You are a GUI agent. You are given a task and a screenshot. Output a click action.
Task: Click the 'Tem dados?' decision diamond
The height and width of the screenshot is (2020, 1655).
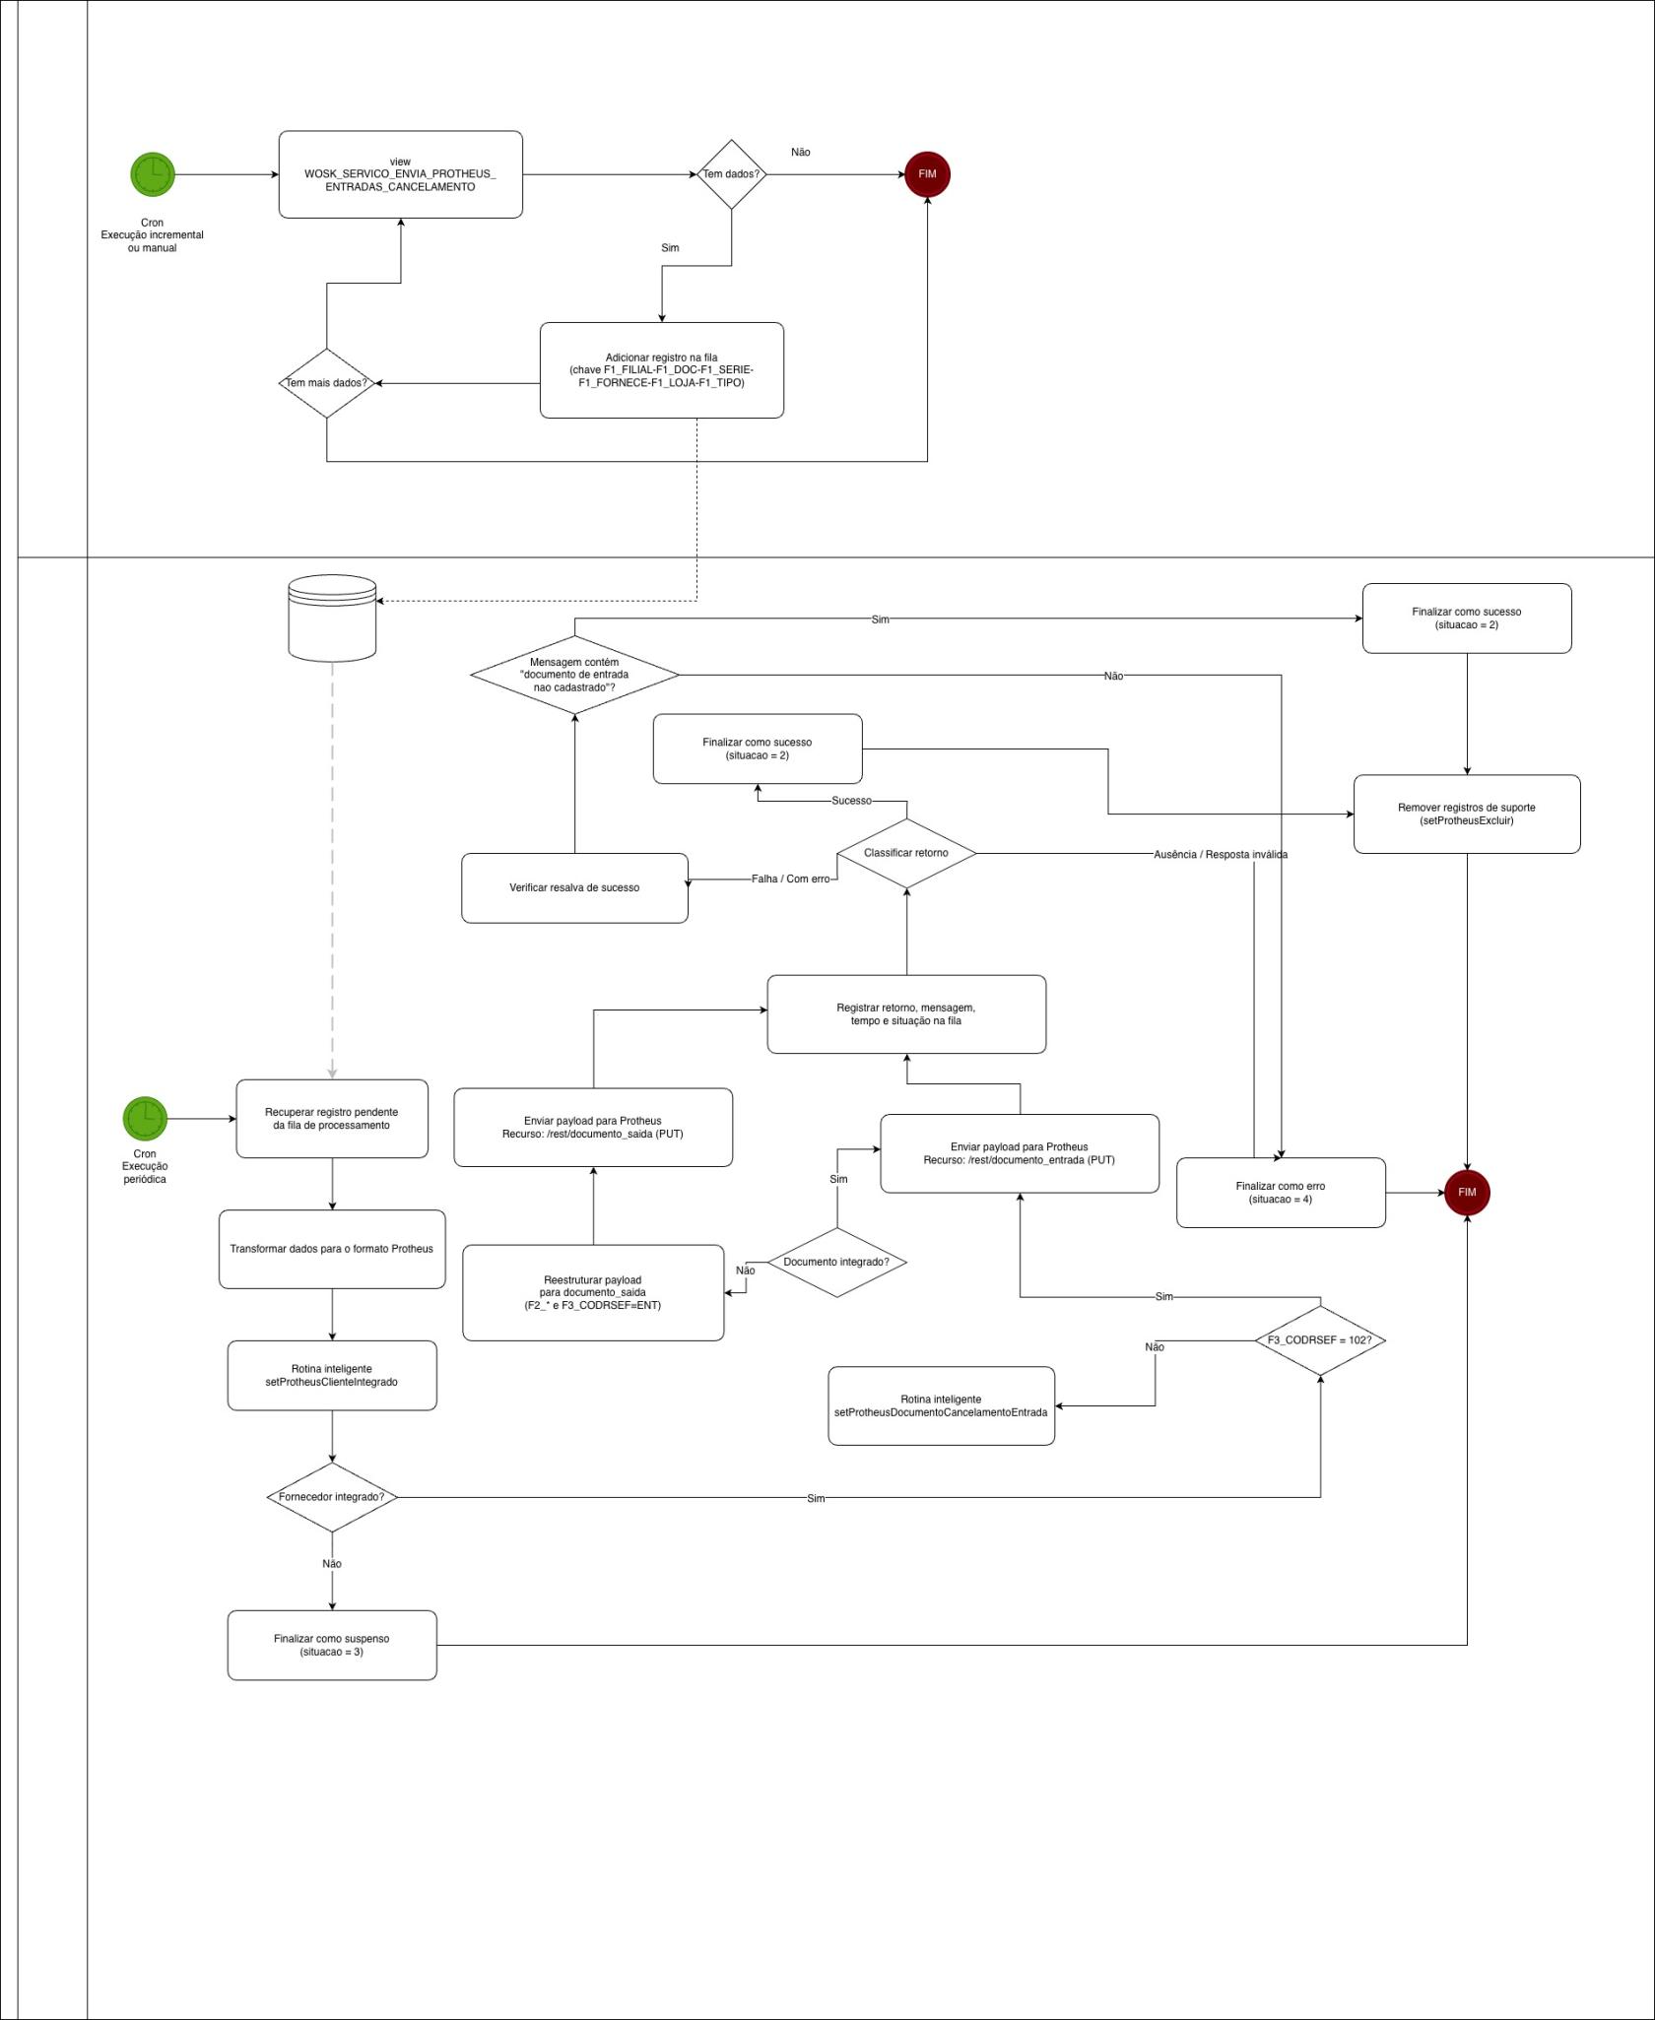(x=731, y=174)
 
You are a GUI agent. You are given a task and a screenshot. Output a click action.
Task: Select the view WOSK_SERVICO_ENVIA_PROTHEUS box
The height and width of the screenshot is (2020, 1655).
(x=400, y=174)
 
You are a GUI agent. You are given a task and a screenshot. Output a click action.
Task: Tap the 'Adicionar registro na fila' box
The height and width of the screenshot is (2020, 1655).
(x=661, y=370)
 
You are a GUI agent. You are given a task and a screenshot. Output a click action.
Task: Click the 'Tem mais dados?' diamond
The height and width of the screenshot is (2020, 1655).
(x=326, y=383)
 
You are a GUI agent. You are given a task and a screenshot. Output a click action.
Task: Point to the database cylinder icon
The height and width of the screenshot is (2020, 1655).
(x=332, y=619)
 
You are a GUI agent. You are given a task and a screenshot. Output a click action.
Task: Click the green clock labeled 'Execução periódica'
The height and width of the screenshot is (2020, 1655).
(x=145, y=1118)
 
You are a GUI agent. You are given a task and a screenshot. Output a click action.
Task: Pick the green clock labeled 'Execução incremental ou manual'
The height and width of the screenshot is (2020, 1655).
(x=153, y=174)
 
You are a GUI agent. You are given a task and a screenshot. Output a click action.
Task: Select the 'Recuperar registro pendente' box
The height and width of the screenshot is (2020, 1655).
(x=332, y=1119)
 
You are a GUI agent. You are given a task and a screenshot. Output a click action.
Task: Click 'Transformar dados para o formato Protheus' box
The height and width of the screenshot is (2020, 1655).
(x=332, y=1249)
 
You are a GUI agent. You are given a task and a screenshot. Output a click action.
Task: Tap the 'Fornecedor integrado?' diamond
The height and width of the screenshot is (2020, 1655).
(x=332, y=1497)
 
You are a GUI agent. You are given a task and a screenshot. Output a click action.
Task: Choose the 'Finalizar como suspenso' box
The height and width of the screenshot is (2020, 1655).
(x=332, y=1645)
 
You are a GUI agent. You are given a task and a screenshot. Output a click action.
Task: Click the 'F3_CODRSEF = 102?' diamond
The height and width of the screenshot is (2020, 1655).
(x=1320, y=1340)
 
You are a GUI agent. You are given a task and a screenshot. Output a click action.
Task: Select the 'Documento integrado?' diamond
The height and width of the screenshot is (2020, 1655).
(x=836, y=1262)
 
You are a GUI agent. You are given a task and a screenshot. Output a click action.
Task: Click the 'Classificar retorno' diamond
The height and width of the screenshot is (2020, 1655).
(x=906, y=853)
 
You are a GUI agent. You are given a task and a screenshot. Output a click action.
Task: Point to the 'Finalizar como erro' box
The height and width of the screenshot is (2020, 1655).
(x=1281, y=1193)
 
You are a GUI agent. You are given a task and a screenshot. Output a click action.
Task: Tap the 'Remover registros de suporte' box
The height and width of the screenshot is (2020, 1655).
(x=1467, y=815)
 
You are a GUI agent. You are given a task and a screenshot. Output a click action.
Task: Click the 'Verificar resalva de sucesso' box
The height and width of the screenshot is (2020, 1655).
(x=574, y=888)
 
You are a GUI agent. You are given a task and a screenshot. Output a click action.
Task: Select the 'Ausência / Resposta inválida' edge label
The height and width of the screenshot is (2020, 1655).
(x=1221, y=855)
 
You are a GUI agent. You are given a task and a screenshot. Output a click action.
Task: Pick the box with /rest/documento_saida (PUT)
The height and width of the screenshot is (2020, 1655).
(x=593, y=1128)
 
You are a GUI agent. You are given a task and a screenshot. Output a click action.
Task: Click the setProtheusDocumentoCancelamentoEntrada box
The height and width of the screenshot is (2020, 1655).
(x=941, y=1406)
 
